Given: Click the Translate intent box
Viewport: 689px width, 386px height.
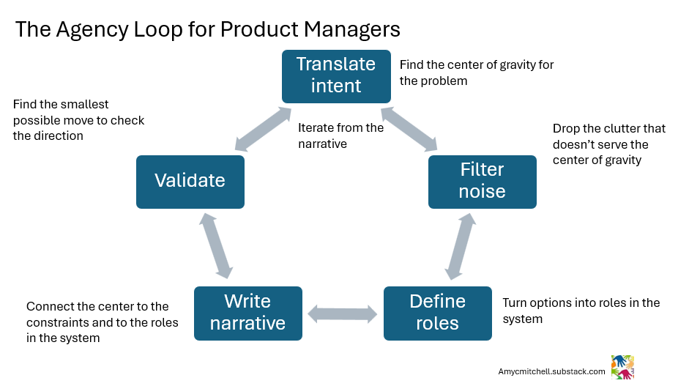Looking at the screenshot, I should pos(335,75).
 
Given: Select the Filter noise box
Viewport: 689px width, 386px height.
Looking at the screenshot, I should pos(482,181).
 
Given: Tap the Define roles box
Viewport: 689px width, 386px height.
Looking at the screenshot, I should pos(437,313).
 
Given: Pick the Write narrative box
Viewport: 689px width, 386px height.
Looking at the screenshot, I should pos(247,313).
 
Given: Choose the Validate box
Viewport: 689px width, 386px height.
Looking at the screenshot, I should pos(190,180).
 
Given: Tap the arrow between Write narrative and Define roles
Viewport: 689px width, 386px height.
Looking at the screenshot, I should pos(342,314).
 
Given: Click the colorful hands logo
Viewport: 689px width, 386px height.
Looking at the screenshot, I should pos(622,367).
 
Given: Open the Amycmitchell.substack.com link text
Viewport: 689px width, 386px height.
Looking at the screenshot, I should pos(551,371).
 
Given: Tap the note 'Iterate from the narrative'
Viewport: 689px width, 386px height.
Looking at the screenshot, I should pos(340,136).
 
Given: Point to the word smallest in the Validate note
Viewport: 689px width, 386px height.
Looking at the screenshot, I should pos(85,105).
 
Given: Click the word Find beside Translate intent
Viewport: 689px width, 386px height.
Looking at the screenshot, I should pos(412,64).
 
